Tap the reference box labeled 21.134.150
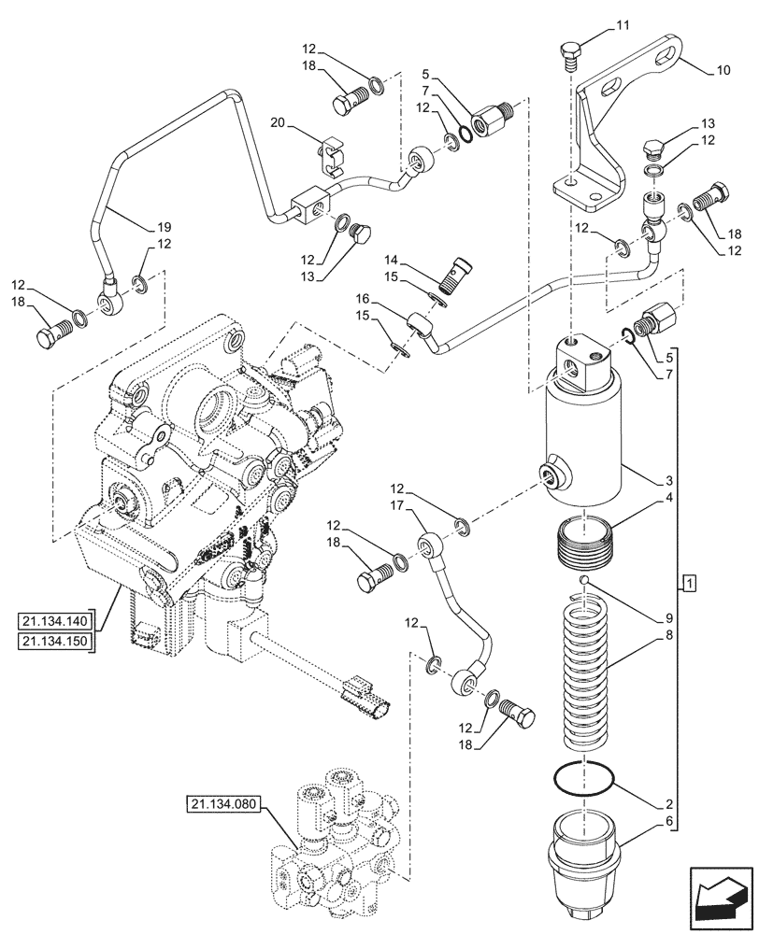tap(55, 641)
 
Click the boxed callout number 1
tap(689, 585)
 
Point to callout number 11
tap(623, 28)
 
